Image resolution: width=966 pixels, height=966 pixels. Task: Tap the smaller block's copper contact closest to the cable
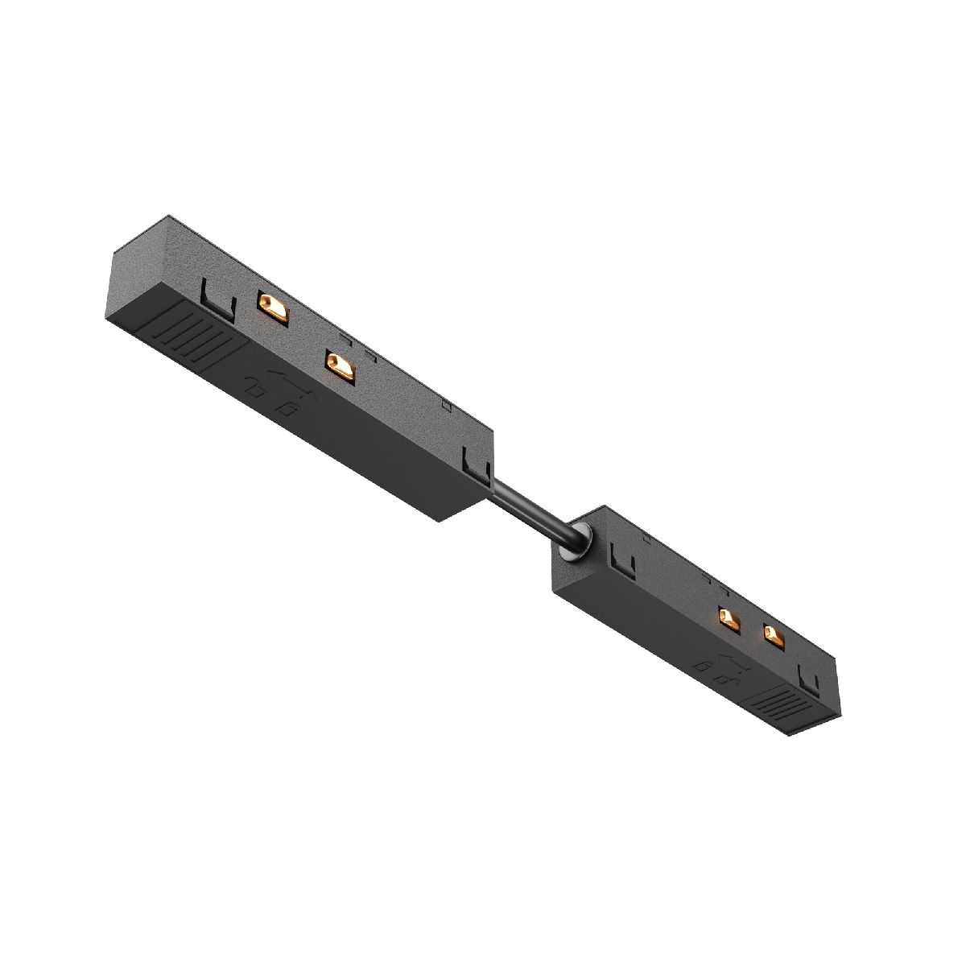(729, 619)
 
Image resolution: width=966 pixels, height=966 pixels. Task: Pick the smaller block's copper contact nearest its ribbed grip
(774, 636)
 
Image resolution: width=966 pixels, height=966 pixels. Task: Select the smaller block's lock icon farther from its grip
(705, 667)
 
